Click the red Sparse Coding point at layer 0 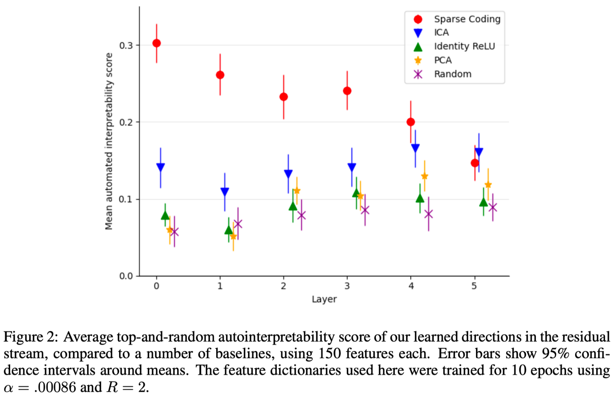(x=156, y=43)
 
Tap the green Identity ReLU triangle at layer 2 (x=293, y=206)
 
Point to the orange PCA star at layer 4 (x=425, y=176)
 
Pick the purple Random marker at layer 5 (x=493, y=207)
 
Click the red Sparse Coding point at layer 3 (x=347, y=91)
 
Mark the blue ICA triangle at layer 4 (x=415, y=148)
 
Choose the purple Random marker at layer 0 (x=175, y=232)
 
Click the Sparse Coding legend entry (x=467, y=19)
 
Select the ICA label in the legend (x=441, y=32)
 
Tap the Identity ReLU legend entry (x=464, y=46)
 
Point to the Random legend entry (x=453, y=74)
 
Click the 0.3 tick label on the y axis (x=126, y=45)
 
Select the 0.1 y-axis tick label (x=126, y=199)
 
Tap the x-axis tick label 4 (x=411, y=286)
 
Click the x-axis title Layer (x=324, y=299)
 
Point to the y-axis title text (x=109, y=141)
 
